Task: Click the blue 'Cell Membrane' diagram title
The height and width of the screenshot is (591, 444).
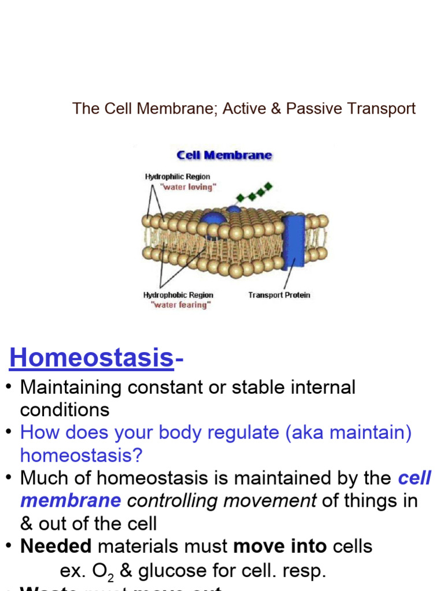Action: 224,155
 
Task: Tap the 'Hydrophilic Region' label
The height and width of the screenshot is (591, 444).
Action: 177,177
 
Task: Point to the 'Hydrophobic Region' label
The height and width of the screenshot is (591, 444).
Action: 178,295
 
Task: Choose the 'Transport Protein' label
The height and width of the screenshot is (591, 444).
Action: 279,295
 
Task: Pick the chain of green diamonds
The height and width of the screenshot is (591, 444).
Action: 255,193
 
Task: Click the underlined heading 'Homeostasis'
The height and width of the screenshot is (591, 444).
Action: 91,358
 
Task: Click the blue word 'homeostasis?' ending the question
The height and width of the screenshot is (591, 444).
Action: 81,455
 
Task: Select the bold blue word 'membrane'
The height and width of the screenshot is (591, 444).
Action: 71,500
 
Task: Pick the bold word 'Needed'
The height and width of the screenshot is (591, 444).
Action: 56,546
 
